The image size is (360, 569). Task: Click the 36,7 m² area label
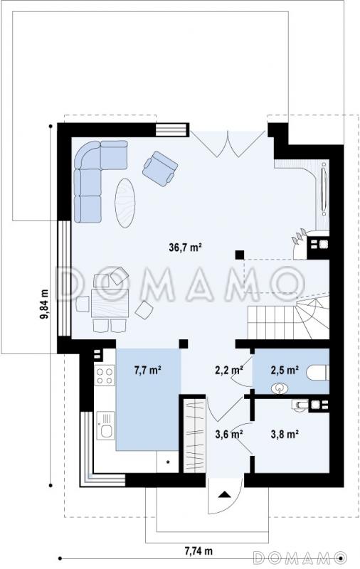[x=185, y=248]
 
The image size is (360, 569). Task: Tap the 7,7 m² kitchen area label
[x=148, y=370]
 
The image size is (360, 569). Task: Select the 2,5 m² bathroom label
[x=285, y=370]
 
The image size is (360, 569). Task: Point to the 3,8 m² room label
[x=285, y=434]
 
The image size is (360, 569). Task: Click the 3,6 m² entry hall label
[x=229, y=434]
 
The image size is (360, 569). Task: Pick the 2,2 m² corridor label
[x=229, y=370]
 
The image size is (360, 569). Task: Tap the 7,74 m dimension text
[x=198, y=551]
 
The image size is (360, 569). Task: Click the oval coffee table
[x=125, y=203]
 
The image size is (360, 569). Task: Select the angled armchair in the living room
[x=160, y=169]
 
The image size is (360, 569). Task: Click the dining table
[x=110, y=304]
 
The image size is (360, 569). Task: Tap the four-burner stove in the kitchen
[x=105, y=376]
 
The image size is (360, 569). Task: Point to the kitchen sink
[x=105, y=425]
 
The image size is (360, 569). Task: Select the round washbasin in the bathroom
[x=279, y=388]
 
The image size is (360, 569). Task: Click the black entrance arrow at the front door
[x=225, y=494]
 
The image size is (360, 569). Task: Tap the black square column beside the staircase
[x=240, y=255]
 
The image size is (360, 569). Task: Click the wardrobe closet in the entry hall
[x=195, y=436]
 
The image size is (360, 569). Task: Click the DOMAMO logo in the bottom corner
[x=300, y=557]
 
